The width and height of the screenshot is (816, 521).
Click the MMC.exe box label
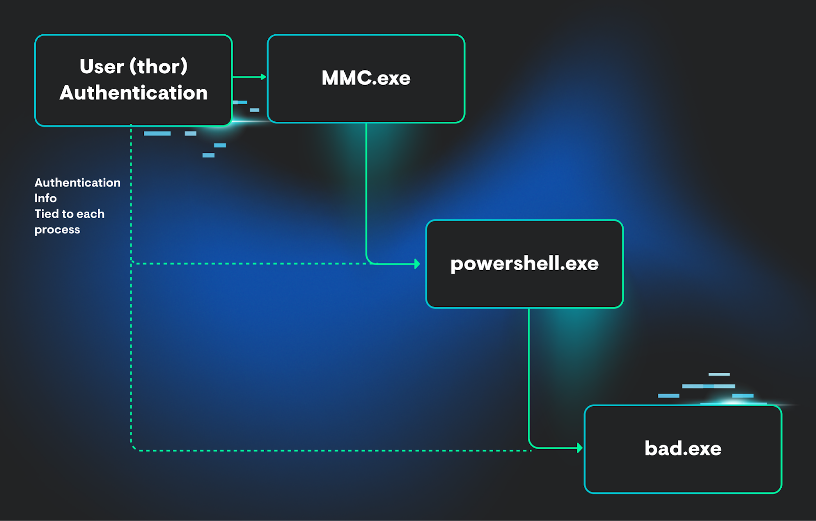coord(366,78)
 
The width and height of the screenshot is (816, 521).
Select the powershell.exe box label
coord(524,264)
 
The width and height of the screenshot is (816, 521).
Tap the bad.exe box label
coord(683,449)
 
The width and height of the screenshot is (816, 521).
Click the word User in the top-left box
coord(101,66)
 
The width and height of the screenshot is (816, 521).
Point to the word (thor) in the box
coord(159,66)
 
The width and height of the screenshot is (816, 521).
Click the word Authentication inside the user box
coord(134,93)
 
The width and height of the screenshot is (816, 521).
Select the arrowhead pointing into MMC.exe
coord(264,77)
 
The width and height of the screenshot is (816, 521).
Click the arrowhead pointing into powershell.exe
coord(417,264)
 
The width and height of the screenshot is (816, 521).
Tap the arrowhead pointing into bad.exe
coord(580,448)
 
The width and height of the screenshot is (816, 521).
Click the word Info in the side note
coord(45,198)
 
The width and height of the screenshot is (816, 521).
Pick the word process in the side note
coord(57,230)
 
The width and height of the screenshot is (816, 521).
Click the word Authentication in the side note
coord(78,183)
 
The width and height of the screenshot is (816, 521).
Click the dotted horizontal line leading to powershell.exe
coord(250,264)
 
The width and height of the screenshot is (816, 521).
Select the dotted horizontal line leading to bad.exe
coord(331,451)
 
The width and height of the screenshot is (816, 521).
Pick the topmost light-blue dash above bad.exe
coord(719,374)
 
